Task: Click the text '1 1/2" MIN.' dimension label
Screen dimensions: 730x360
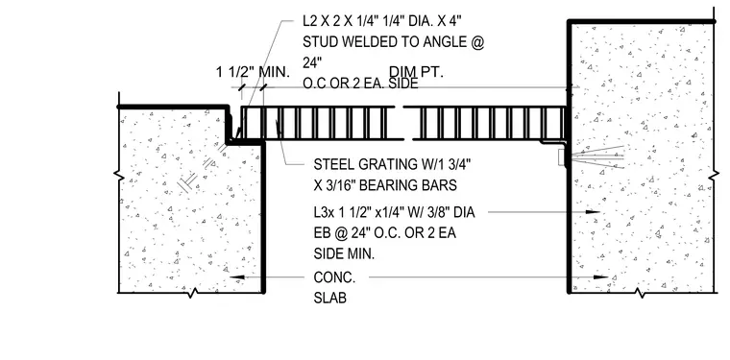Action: (x=253, y=72)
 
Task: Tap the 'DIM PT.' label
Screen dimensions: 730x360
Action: (x=416, y=72)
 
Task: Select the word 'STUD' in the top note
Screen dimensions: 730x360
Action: (x=321, y=42)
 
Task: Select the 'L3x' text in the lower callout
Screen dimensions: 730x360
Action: (x=323, y=212)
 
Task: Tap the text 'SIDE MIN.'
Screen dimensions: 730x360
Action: (x=344, y=254)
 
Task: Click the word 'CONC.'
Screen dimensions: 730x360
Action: (x=334, y=277)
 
